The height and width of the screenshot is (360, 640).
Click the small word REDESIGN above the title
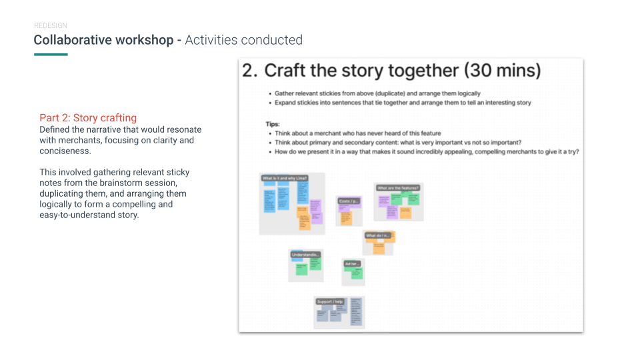pos(50,26)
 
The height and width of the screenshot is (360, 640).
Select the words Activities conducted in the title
pos(243,40)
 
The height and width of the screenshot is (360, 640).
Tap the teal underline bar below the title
pos(51,55)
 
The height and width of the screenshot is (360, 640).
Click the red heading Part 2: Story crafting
pos(88,118)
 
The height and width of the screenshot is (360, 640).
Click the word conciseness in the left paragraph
pos(65,151)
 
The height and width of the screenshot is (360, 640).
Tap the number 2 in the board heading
pos(249,71)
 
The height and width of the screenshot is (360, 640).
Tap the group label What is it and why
pos(285,178)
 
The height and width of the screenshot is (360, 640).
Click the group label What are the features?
pos(398,188)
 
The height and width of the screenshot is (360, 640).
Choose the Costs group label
pos(349,201)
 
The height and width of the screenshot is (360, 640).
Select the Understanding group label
pos(306,255)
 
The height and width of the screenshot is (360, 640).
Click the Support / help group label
pos(331,301)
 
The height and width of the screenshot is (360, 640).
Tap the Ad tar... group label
pos(352,264)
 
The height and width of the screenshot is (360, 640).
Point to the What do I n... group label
pos(378,235)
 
